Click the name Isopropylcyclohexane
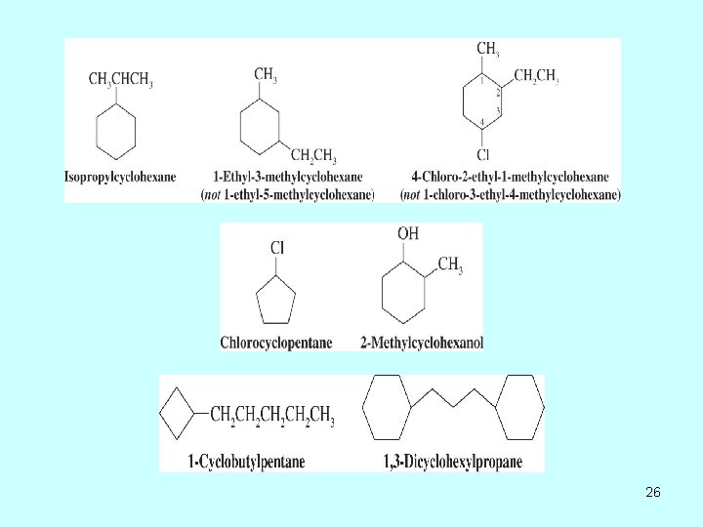pyautogui.click(x=120, y=177)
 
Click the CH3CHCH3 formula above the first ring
pyautogui.click(x=120, y=79)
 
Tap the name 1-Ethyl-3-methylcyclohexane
pyautogui.click(x=287, y=177)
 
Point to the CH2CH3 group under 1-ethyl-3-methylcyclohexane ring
pyautogui.click(x=314, y=156)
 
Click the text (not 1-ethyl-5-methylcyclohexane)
pyautogui.click(x=287, y=194)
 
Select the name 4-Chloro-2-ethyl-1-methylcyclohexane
pyautogui.click(x=510, y=177)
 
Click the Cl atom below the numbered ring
pyautogui.click(x=484, y=154)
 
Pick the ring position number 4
pyautogui.click(x=482, y=122)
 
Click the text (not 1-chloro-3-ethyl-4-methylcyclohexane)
pyautogui.click(x=510, y=194)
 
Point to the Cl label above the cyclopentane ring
pyautogui.click(x=277, y=248)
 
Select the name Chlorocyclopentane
pyautogui.click(x=276, y=343)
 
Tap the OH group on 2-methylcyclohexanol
pyautogui.click(x=408, y=233)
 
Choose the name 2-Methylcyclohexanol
pyautogui.click(x=421, y=343)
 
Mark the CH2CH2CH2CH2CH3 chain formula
pyautogui.click(x=272, y=417)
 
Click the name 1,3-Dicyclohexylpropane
pyautogui.click(x=453, y=461)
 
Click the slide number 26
pyautogui.click(x=653, y=493)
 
